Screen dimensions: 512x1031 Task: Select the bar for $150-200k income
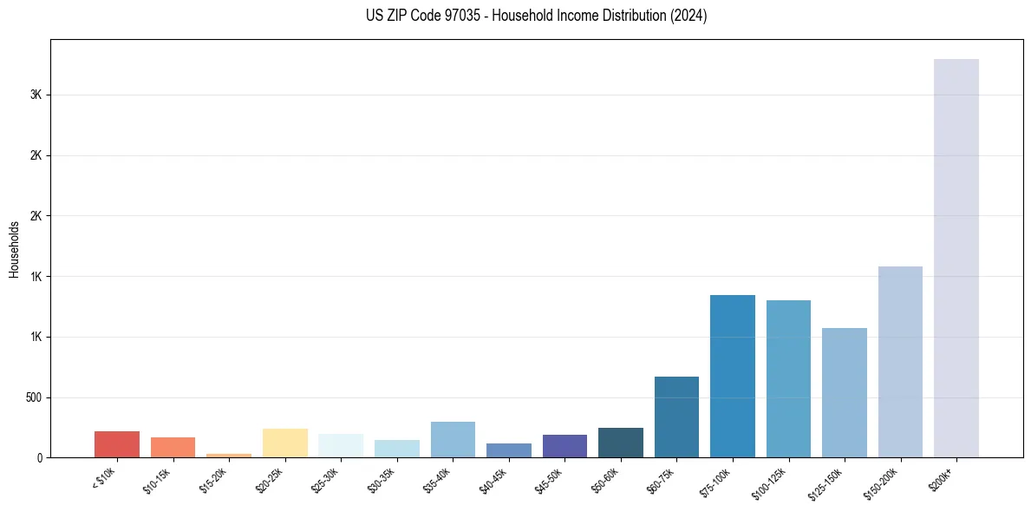tap(900, 362)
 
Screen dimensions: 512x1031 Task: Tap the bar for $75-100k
tap(732, 376)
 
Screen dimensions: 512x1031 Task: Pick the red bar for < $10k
tap(117, 444)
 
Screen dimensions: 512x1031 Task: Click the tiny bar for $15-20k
tap(229, 455)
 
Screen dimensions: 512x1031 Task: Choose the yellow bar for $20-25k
tap(285, 443)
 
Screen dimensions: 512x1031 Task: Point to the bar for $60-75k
tap(676, 417)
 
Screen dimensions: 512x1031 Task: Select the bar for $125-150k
tap(844, 392)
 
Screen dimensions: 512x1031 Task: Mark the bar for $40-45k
tap(509, 450)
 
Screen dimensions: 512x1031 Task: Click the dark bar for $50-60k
tap(620, 443)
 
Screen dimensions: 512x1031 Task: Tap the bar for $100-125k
tap(788, 378)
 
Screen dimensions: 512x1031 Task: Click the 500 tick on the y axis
tap(35, 397)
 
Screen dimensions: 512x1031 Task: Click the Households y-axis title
tap(14, 249)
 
